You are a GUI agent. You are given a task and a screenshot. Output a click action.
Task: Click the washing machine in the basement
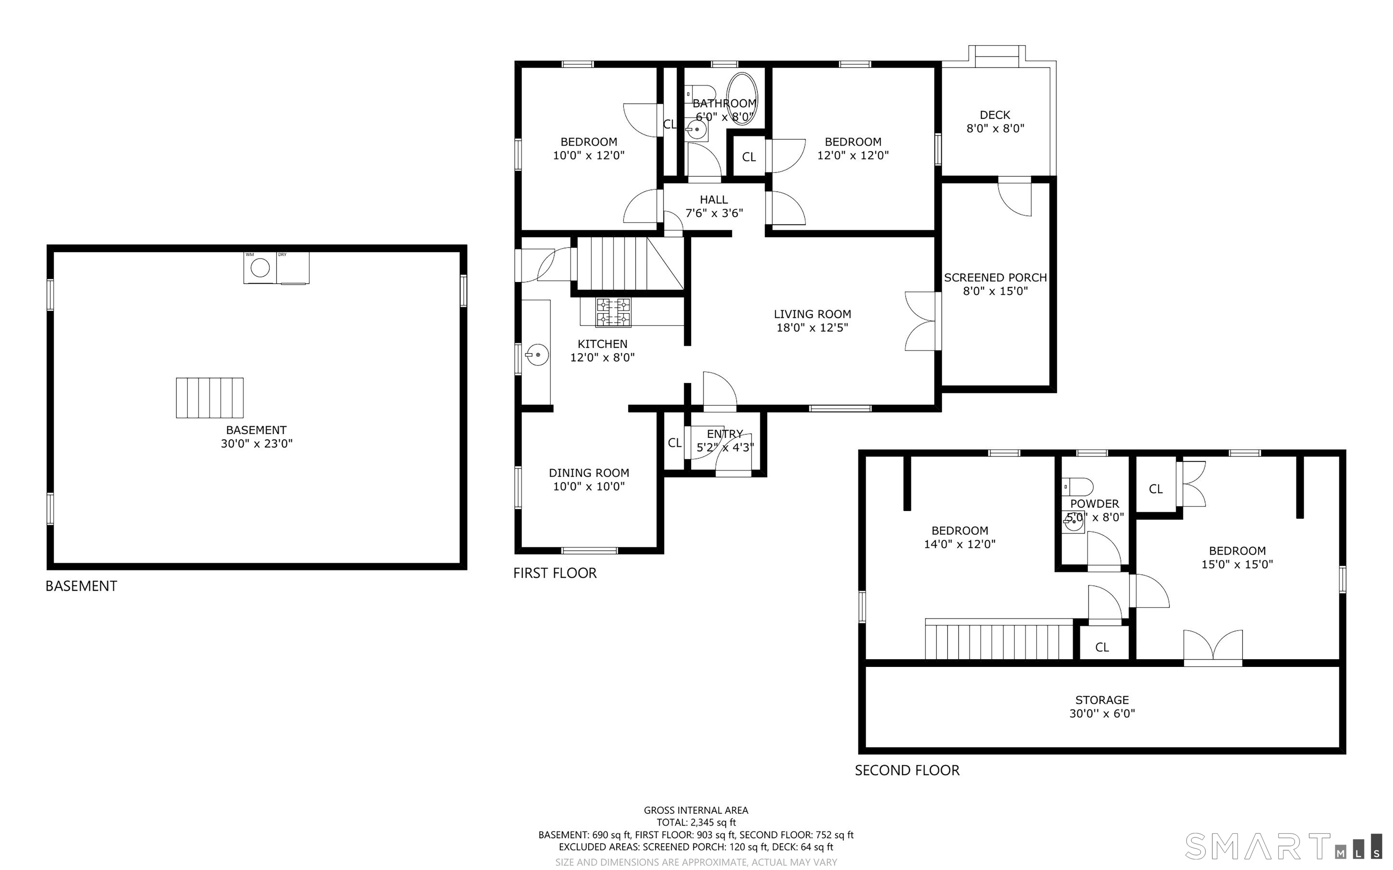point(260,267)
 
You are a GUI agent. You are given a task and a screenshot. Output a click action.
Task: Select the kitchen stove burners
point(614,312)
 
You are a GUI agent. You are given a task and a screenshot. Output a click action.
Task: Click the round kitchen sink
point(536,355)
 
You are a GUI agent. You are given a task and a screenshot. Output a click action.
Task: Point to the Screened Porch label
point(995,277)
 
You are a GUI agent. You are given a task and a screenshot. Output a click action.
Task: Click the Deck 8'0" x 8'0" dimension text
point(995,128)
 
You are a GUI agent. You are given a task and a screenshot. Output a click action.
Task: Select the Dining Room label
point(589,473)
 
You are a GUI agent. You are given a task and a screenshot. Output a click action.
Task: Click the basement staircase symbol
point(209,398)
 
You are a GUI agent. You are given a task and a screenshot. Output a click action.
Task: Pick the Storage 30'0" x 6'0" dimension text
point(1102,714)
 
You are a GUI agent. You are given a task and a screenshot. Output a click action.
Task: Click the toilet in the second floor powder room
point(1077,487)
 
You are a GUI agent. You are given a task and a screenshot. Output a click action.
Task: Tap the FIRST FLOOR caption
point(555,573)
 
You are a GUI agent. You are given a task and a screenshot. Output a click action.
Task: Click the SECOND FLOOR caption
point(907,770)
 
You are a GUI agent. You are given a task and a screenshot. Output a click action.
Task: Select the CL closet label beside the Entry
point(675,443)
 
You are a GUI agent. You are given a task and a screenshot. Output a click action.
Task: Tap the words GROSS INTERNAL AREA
point(696,811)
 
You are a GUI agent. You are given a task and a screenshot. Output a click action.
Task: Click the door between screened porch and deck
point(1014,197)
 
